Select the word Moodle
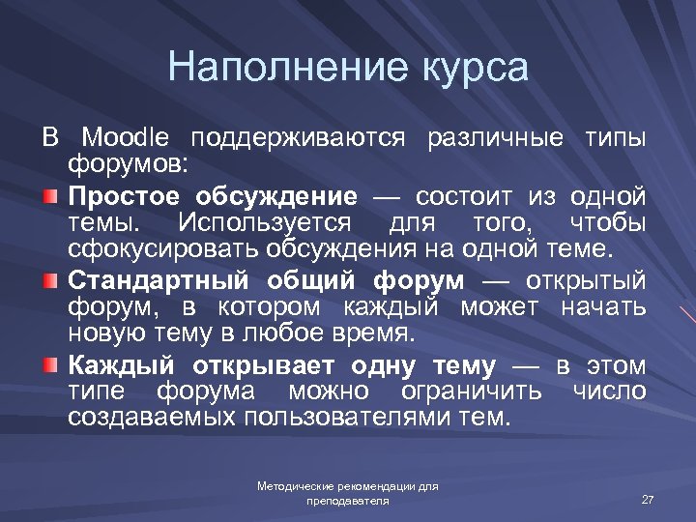click(125, 137)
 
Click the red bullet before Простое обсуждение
click(50, 197)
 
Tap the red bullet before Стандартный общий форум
click(50, 281)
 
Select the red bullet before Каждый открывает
click(50, 365)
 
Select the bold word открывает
click(263, 365)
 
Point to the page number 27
click(648, 499)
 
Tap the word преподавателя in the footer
click(348, 501)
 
